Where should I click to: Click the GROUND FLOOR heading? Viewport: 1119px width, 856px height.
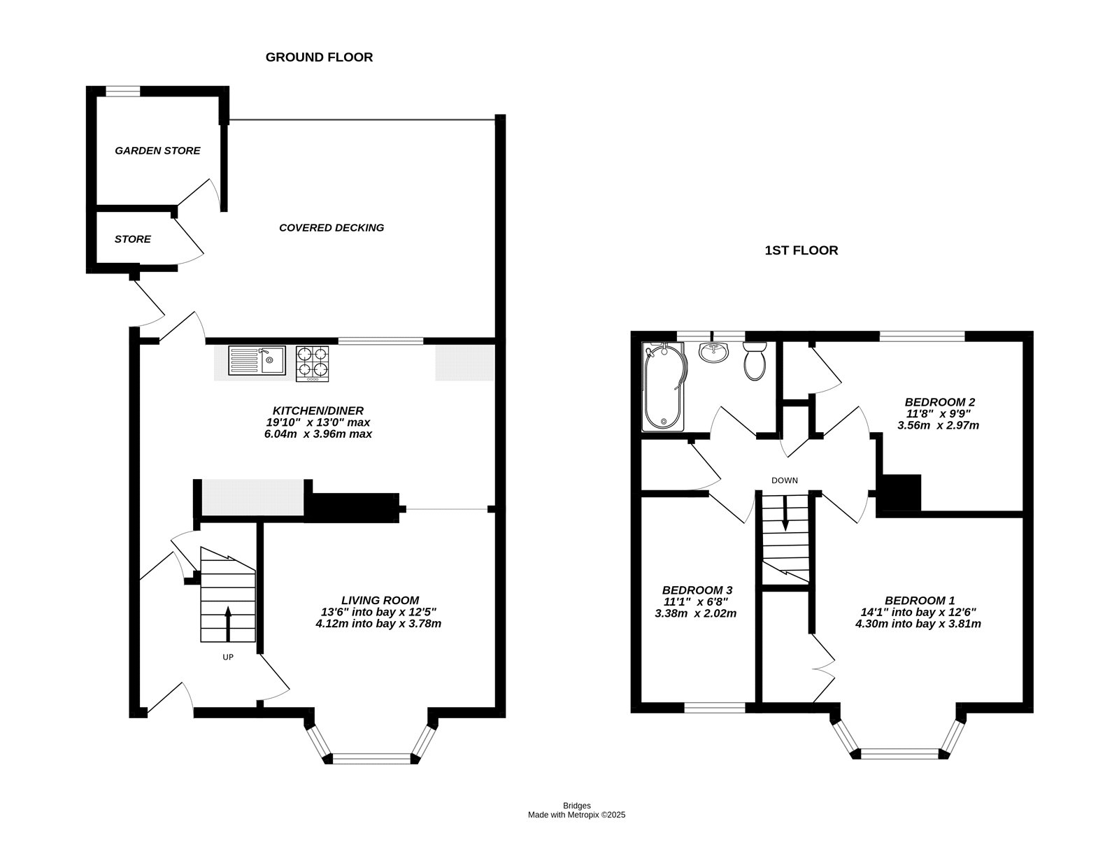click(319, 57)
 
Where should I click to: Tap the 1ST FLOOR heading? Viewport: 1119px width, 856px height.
click(801, 250)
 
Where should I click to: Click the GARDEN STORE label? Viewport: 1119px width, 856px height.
click(157, 150)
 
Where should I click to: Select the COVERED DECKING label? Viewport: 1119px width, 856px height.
click(332, 227)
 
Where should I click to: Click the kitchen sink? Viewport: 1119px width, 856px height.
click(257, 360)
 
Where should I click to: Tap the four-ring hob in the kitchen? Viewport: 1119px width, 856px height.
click(313, 364)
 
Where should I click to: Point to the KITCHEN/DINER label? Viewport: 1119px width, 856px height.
click(318, 411)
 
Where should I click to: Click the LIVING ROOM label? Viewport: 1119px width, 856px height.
click(380, 601)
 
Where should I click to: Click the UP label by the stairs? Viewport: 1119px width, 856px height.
click(228, 657)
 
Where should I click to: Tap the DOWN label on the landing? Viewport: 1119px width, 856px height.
click(785, 480)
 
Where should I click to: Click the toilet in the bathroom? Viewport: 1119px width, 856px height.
click(755, 361)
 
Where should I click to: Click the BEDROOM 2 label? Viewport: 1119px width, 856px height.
click(939, 401)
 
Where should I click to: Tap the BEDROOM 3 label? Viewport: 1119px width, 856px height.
click(697, 590)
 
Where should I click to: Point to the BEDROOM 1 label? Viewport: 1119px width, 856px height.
click(920, 601)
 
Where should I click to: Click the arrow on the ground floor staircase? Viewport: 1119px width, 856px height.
click(228, 624)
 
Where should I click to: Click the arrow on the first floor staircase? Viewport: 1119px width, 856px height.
click(785, 513)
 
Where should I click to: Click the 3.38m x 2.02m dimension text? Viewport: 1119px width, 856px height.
click(695, 613)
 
